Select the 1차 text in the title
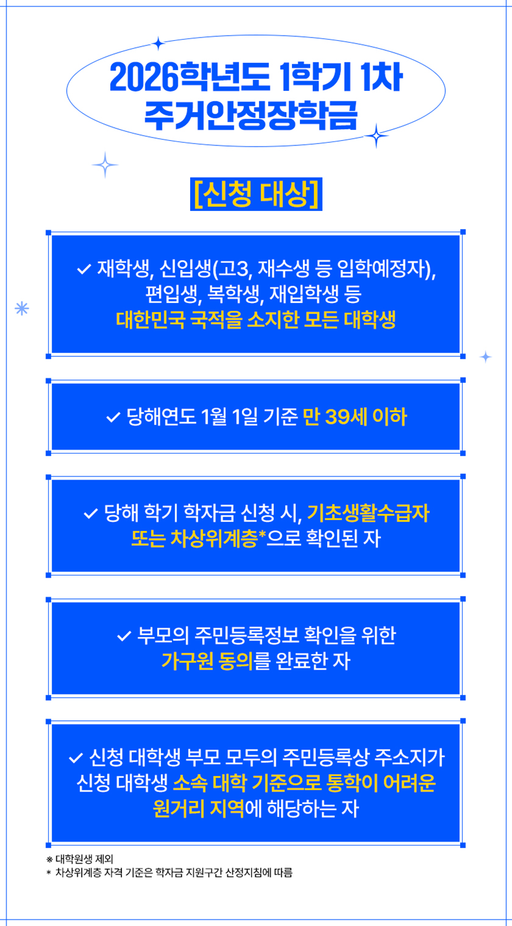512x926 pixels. pos(382,77)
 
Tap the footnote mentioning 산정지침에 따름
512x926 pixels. pos(169,873)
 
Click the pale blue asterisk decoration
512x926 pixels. pos(22,309)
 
